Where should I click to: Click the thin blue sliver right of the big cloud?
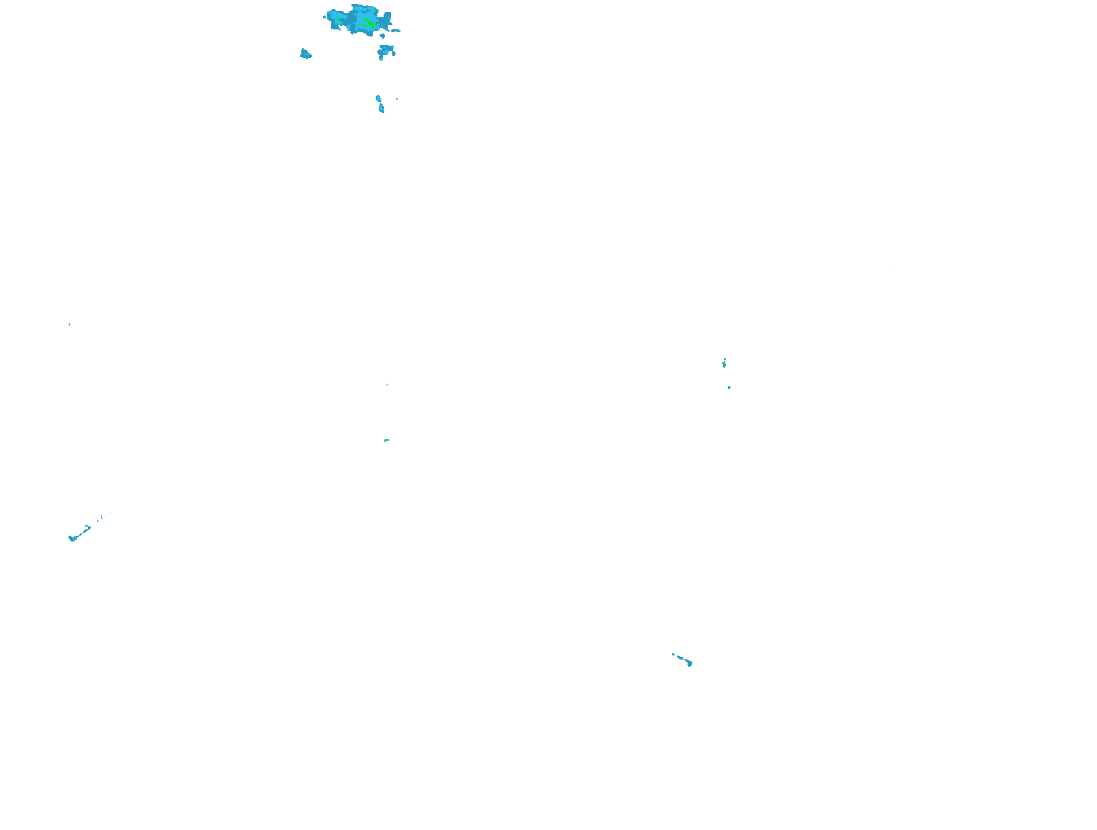pyautogui.click(x=396, y=30)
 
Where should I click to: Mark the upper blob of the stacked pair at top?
pyautogui.click(x=378, y=98)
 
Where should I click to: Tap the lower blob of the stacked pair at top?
pyautogui.click(x=381, y=108)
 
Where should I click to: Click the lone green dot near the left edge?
pyautogui.click(x=69, y=324)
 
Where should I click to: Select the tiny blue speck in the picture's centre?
pyautogui.click(x=387, y=384)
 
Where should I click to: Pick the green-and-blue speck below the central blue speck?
pyautogui.click(x=387, y=440)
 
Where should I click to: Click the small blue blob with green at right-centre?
pyautogui.click(x=724, y=363)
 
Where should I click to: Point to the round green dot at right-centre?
pyautogui.click(x=729, y=388)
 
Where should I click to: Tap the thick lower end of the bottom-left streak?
pyautogui.click(x=73, y=539)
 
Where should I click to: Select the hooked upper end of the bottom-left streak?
pyautogui.click(x=88, y=527)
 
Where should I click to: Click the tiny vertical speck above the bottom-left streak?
pyautogui.click(x=102, y=517)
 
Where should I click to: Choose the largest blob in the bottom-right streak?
pyautogui.click(x=689, y=664)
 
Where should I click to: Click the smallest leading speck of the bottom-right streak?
pyautogui.click(x=672, y=654)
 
